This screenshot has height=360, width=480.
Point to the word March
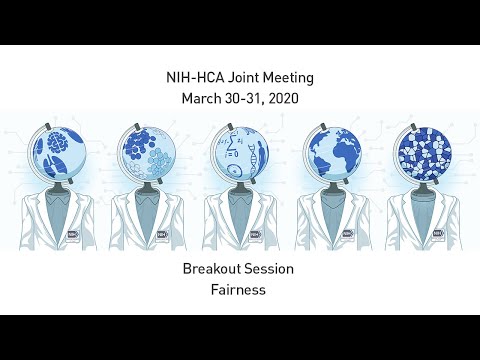pos(204,98)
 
